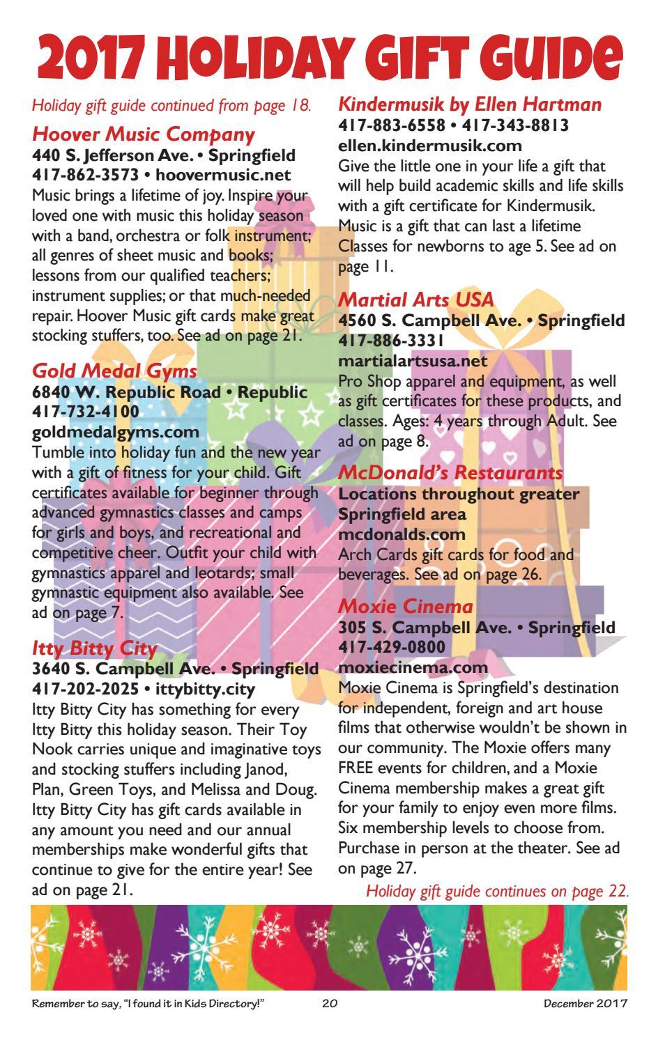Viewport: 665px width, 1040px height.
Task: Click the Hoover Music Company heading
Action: (144, 133)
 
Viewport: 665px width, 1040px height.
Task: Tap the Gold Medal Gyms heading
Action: (115, 371)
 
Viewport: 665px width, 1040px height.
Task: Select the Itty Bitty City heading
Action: (95, 649)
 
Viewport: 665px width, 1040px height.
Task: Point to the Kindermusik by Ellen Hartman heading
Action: (469, 104)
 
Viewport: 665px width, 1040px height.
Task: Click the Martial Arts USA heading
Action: (415, 300)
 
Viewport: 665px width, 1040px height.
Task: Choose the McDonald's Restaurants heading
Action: (450, 473)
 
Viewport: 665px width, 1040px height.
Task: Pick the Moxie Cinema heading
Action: (406, 606)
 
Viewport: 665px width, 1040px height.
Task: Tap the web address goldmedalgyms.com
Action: (116, 432)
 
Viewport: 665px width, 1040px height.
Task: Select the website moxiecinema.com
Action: (413, 667)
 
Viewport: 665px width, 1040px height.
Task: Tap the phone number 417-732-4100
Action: (86, 412)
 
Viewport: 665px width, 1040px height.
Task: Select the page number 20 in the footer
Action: (330, 1004)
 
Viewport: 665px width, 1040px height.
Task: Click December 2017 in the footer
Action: (587, 1004)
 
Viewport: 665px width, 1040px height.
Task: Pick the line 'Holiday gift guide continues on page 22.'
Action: (497, 891)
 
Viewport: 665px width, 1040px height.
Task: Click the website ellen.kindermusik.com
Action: (430, 146)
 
